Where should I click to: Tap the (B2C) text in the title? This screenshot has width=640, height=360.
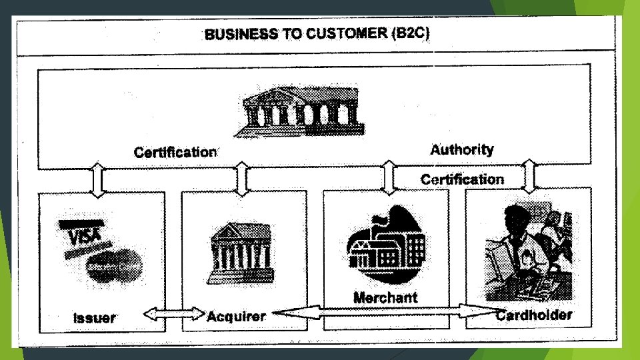point(410,33)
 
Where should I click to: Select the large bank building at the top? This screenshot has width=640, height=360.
point(304,112)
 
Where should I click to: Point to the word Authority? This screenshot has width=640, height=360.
point(462,149)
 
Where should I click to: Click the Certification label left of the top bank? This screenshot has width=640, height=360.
point(175,152)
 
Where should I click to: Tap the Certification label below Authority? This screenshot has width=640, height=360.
point(462,179)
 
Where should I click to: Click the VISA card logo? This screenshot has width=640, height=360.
point(83,235)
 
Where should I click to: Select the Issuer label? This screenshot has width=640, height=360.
point(94,318)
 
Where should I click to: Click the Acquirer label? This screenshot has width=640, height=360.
point(236,316)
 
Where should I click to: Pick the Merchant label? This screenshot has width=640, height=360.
point(385,297)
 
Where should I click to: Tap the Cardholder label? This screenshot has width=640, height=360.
point(534,315)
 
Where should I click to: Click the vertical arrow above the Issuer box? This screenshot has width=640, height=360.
point(97,179)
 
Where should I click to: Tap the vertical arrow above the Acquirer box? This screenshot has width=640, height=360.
point(241,178)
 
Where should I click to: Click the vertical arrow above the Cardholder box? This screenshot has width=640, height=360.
point(528,176)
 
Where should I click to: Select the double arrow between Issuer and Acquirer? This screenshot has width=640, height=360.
point(174,313)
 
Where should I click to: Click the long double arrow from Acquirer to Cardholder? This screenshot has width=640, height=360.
point(387,310)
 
